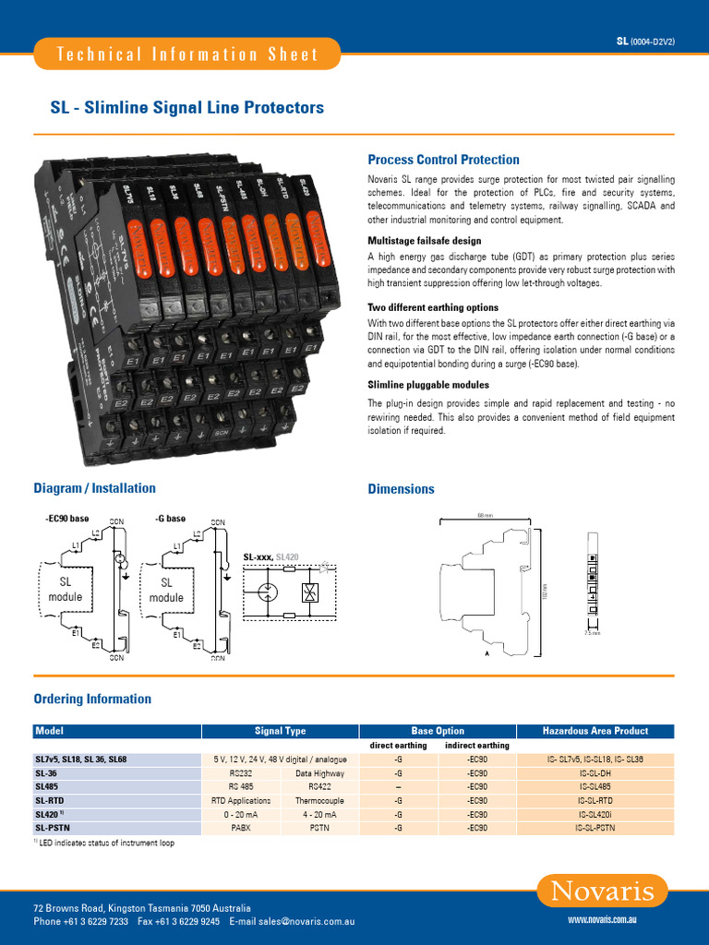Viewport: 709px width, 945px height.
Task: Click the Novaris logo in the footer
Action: (602, 891)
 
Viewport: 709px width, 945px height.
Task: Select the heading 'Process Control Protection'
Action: (443, 160)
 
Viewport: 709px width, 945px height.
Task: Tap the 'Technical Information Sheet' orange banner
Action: (187, 54)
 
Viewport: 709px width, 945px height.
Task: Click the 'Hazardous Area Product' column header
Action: (595, 731)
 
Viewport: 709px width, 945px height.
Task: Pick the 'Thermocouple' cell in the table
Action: (320, 801)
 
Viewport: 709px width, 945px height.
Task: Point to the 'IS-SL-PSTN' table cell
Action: (595, 828)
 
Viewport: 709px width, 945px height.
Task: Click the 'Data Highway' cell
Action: (320, 773)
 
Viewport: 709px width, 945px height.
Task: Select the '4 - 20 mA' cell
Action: (320, 815)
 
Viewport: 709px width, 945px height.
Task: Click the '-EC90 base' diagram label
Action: (66, 520)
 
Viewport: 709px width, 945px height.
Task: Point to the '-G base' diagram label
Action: (171, 520)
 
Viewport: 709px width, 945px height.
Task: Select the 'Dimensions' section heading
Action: (401, 489)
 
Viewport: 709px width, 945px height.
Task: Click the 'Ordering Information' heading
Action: (92, 699)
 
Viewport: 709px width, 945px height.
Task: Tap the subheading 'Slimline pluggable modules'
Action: (428, 384)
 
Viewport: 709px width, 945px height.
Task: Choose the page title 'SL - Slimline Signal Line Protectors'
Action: (186, 108)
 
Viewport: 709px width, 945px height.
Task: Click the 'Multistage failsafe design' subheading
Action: (424, 241)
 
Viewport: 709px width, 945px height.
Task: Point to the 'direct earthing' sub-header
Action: (398, 746)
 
